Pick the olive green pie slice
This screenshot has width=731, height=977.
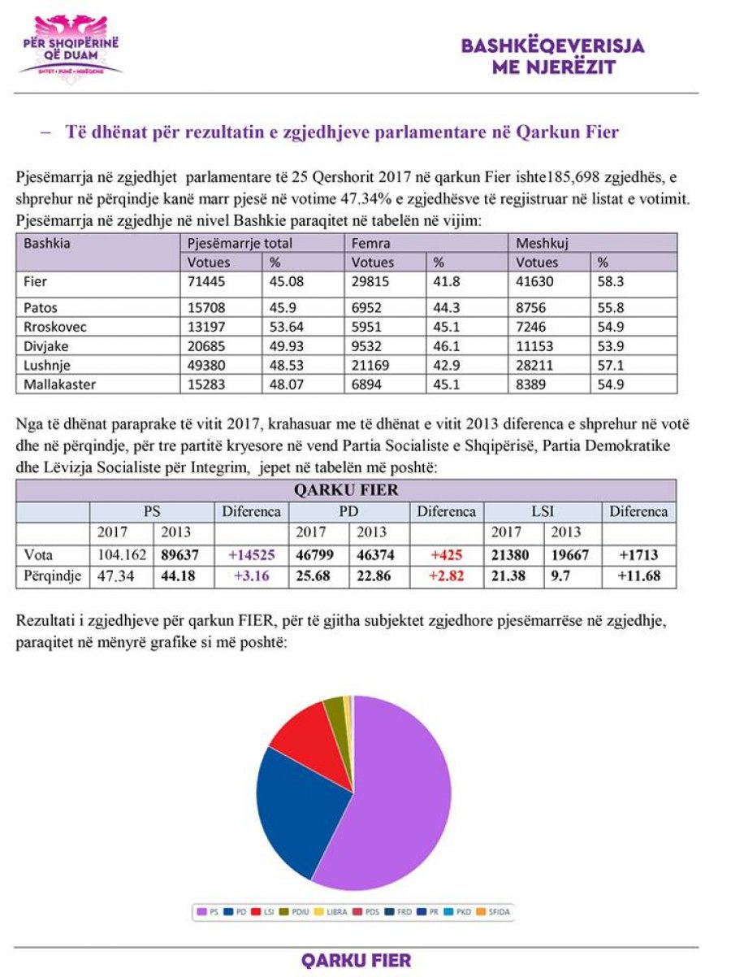[x=335, y=709]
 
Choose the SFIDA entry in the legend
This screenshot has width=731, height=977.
[x=497, y=912]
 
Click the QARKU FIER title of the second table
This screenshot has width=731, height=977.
[x=345, y=490]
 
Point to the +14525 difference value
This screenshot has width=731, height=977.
[x=252, y=555]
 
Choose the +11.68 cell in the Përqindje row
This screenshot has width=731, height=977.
[x=638, y=576]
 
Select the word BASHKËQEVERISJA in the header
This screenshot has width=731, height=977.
[x=552, y=46]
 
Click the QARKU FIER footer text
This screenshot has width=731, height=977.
[x=356, y=960]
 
